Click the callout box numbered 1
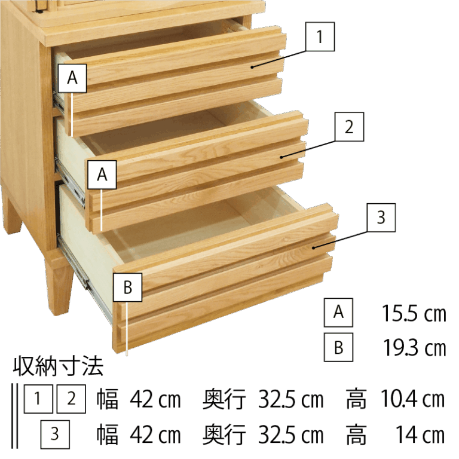click(x=320, y=36)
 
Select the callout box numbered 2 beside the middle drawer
click(x=349, y=127)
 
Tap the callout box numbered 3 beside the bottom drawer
click(x=381, y=218)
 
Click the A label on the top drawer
click(x=72, y=78)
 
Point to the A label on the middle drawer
click(x=102, y=175)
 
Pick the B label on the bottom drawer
click(x=128, y=287)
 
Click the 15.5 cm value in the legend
click(x=414, y=314)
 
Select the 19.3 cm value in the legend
click(x=415, y=348)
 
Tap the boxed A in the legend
click(x=338, y=313)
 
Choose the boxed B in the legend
click(x=338, y=347)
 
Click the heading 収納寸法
click(x=58, y=366)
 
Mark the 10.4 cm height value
click(x=413, y=399)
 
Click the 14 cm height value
click(x=420, y=435)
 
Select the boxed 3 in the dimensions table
click(x=55, y=434)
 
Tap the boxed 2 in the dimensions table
click(x=71, y=399)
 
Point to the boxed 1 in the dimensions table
click(x=38, y=399)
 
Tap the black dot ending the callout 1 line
click(x=252, y=67)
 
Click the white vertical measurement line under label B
click(x=127, y=329)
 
